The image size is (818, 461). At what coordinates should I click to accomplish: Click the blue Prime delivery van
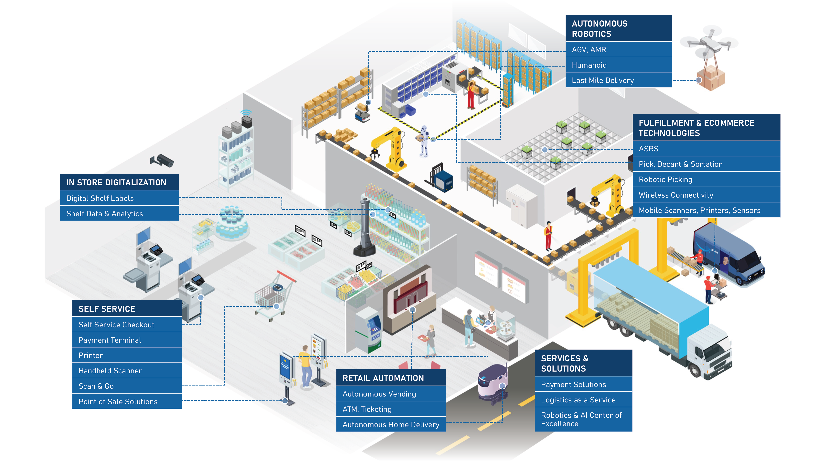(730, 254)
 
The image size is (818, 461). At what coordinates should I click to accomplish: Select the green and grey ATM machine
(369, 331)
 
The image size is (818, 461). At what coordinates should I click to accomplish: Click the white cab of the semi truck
(711, 353)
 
